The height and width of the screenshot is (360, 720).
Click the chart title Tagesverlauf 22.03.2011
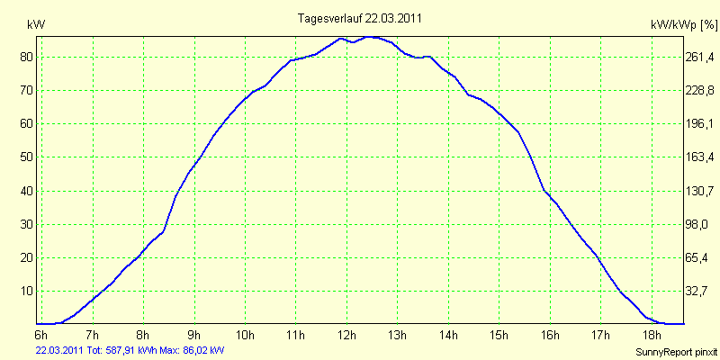point(360,18)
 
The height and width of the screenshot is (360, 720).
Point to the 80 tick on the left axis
point(26,57)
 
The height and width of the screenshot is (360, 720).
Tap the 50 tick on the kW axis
point(26,157)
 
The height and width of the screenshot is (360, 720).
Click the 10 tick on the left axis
point(26,292)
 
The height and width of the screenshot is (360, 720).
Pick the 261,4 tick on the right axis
point(701,57)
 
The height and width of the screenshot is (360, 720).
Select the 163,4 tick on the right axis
point(701,157)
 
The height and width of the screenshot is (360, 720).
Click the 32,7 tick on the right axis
point(701,292)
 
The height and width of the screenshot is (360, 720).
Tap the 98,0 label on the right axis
point(701,224)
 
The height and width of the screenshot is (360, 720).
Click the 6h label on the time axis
point(41,335)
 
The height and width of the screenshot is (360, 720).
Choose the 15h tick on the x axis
point(498,335)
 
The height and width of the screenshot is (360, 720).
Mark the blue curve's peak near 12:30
point(373,37)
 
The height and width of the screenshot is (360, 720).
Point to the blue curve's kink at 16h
point(544,190)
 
